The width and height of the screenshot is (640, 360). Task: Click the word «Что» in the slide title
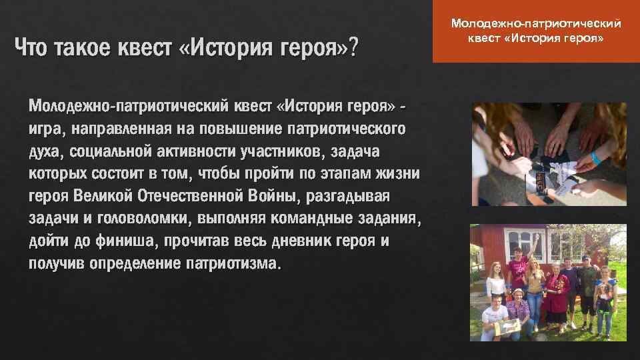34,48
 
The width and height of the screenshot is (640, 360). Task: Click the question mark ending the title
351,48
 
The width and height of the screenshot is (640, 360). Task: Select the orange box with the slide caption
536,32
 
